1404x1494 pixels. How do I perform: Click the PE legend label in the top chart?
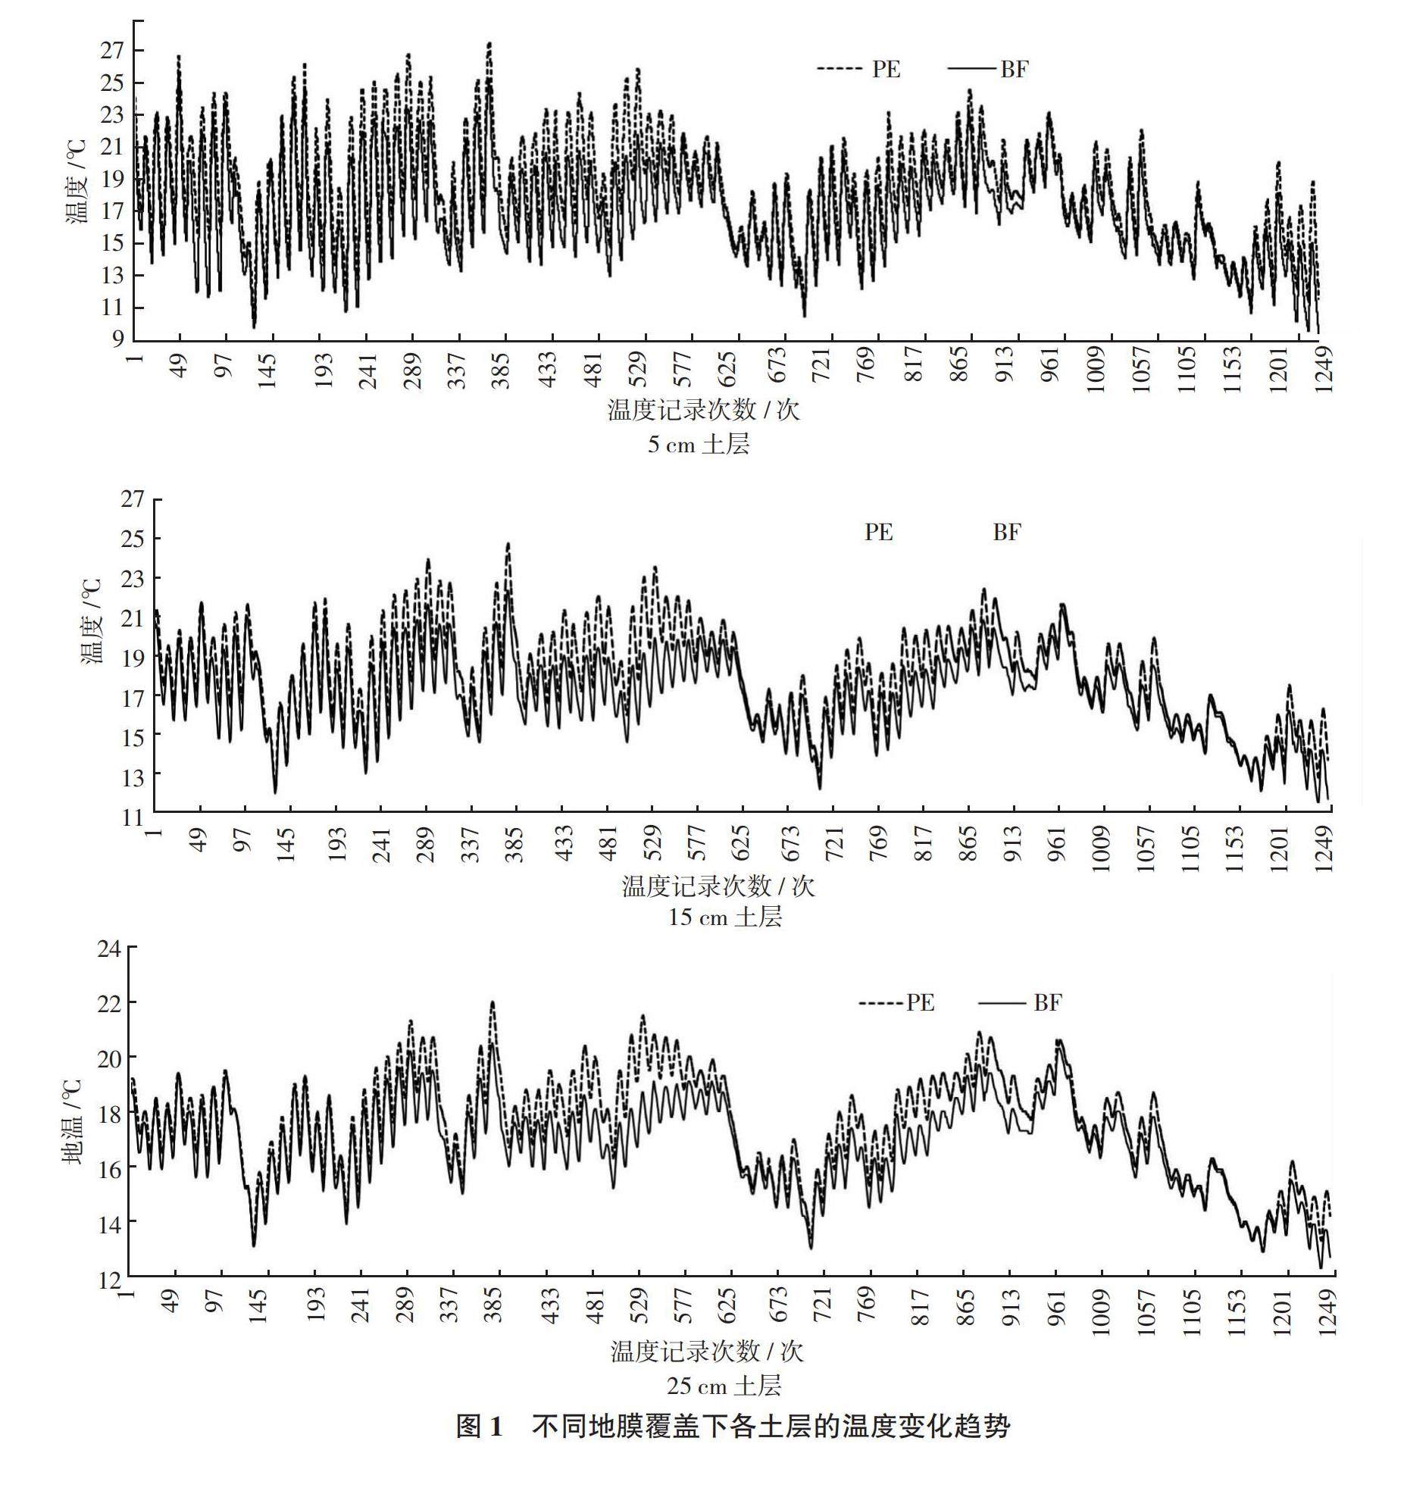[x=886, y=70]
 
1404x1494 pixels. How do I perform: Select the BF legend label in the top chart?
[x=1014, y=70]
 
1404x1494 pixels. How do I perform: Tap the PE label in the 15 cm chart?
[x=879, y=532]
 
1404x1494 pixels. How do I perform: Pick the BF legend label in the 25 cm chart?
[x=1048, y=1003]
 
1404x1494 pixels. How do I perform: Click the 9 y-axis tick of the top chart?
[x=118, y=339]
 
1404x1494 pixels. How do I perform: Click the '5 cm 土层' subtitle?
[x=698, y=444]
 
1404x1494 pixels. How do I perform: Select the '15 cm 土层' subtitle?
[x=724, y=917]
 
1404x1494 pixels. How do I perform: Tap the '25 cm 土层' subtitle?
[x=724, y=1386]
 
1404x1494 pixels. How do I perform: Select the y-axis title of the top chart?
[x=76, y=182]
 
